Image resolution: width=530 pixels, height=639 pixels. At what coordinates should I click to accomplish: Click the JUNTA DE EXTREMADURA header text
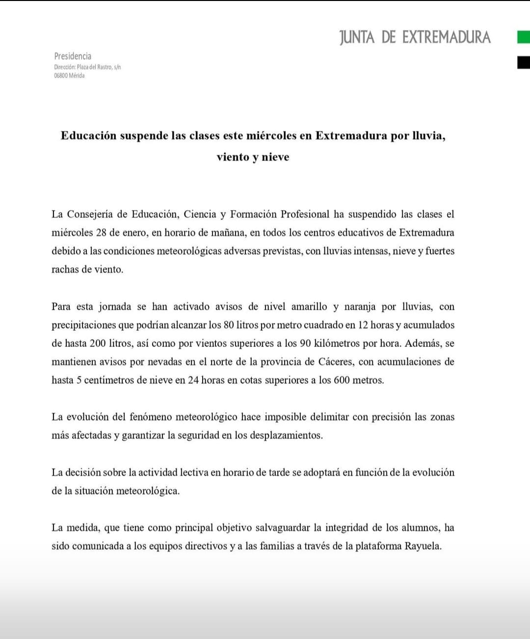pyautogui.click(x=415, y=37)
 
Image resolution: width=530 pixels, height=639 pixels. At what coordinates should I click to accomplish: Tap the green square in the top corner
pyautogui.click(x=523, y=37)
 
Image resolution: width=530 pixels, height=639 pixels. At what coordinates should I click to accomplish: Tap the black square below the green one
pyautogui.click(x=523, y=62)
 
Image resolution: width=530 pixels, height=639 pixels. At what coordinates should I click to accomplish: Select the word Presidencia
pyautogui.click(x=73, y=56)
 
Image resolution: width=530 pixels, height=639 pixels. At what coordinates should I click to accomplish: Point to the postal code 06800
pyautogui.click(x=61, y=76)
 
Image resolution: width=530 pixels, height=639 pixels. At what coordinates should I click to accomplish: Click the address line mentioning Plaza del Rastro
pyautogui.click(x=87, y=67)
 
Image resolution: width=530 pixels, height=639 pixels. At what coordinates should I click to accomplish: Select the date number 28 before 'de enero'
pyautogui.click(x=101, y=233)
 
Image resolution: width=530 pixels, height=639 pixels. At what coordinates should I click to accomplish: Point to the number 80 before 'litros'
pyautogui.click(x=229, y=325)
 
